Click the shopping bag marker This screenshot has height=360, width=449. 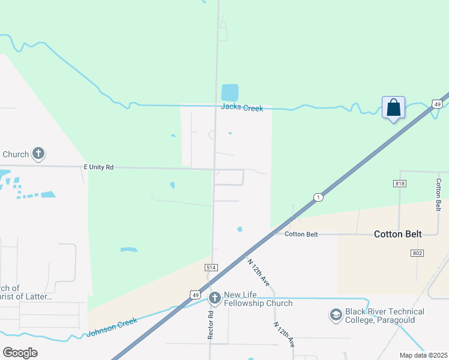(x=393, y=108)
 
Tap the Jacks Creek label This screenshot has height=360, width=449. (x=242, y=107)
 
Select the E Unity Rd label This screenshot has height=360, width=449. (x=98, y=167)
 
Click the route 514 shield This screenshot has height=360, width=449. (x=211, y=267)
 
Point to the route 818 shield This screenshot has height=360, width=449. (x=400, y=183)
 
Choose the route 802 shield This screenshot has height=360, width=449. (x=418, y=253)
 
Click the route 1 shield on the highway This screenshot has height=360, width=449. (x=318, y=197)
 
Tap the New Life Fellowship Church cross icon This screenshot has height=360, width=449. (x=215, y=298)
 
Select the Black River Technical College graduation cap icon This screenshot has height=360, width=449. (x=336, y=314)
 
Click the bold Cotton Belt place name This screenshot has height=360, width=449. (x=398, y=234)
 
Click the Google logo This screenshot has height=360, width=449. (x=20, y=353)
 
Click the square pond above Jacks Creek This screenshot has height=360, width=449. (x=229, y=92)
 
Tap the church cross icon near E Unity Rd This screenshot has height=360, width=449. (x=38, y=154)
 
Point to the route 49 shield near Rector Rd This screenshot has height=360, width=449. (x=194, y=294)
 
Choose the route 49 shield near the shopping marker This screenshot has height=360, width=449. (x=437, y=104)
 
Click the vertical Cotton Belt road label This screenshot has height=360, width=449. (x=439, y=194)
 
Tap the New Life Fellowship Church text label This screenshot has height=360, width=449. (x=258, y=299)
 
